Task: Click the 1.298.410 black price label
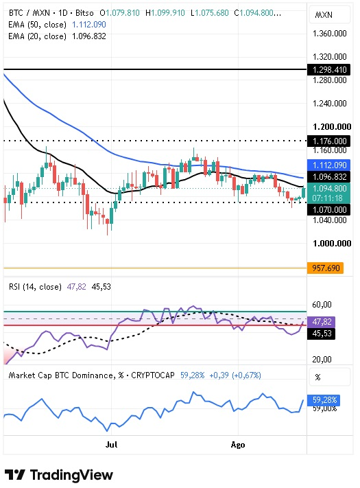click(x=328, y=69)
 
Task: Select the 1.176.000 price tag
click(x=328, y=141)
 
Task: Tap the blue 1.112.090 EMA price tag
click(x=328, y=165)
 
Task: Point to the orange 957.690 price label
click(x=325, y=268)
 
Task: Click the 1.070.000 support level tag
click(x=328, y=209)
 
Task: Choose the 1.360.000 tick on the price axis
click(x=330, y=34)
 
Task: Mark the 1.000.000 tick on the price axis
click(x=332, y=244)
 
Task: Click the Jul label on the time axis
click(x=111, y=445)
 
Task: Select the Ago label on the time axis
click(x=238, y=445)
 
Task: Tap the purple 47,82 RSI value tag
click(x=321, y=321)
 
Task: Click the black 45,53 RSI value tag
click(x=321, y=334)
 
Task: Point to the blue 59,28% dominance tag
click(x=324, y=400)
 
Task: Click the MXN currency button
click(x=330, y=15)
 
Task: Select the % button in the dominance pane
click(x=330, y=377)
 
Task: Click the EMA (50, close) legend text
click(x=37, y=25)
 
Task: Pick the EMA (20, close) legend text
click(x=37, y=36)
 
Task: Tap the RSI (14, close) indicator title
click(x=35, y=287)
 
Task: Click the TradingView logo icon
click(x=14, y=475)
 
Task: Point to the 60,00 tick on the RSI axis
click(x=322, y=304)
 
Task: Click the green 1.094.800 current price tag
click(x=328, y=193)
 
